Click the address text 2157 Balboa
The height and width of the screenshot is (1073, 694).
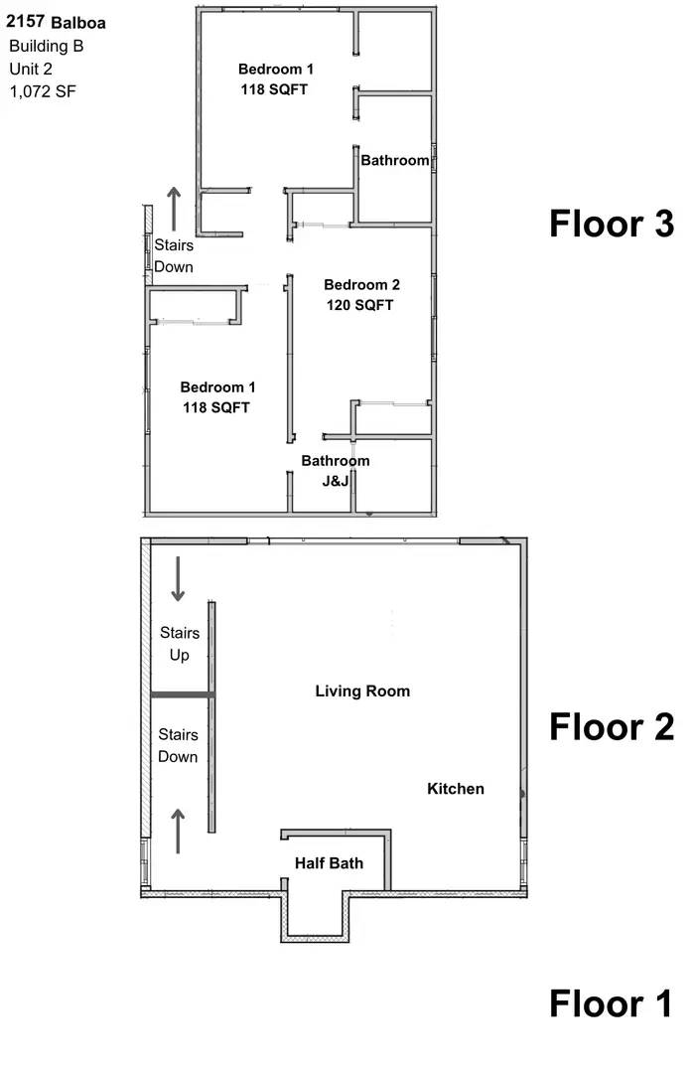56,21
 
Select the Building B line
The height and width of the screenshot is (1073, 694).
46,46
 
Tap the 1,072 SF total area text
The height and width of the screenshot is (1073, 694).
43,91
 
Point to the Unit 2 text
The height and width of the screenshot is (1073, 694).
32,69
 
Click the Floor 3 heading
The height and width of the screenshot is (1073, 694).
612,224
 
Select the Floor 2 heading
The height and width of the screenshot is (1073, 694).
612,727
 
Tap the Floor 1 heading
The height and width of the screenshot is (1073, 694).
612,1003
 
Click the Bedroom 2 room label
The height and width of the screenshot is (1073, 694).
360,283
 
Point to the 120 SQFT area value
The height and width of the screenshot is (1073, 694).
360,305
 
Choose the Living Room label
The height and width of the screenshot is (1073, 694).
362,690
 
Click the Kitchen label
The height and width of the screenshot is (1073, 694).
456,789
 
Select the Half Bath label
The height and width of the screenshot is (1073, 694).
329,863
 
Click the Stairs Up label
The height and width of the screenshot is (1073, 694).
180,644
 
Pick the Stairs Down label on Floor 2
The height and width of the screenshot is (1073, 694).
179,745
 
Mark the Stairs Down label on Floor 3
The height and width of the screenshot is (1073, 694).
174,256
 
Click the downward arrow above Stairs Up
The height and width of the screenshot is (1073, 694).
179,579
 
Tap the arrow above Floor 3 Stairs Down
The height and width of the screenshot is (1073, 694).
175,207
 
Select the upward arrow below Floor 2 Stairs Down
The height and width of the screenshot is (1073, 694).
179,831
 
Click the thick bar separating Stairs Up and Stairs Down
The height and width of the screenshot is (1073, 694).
182,695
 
